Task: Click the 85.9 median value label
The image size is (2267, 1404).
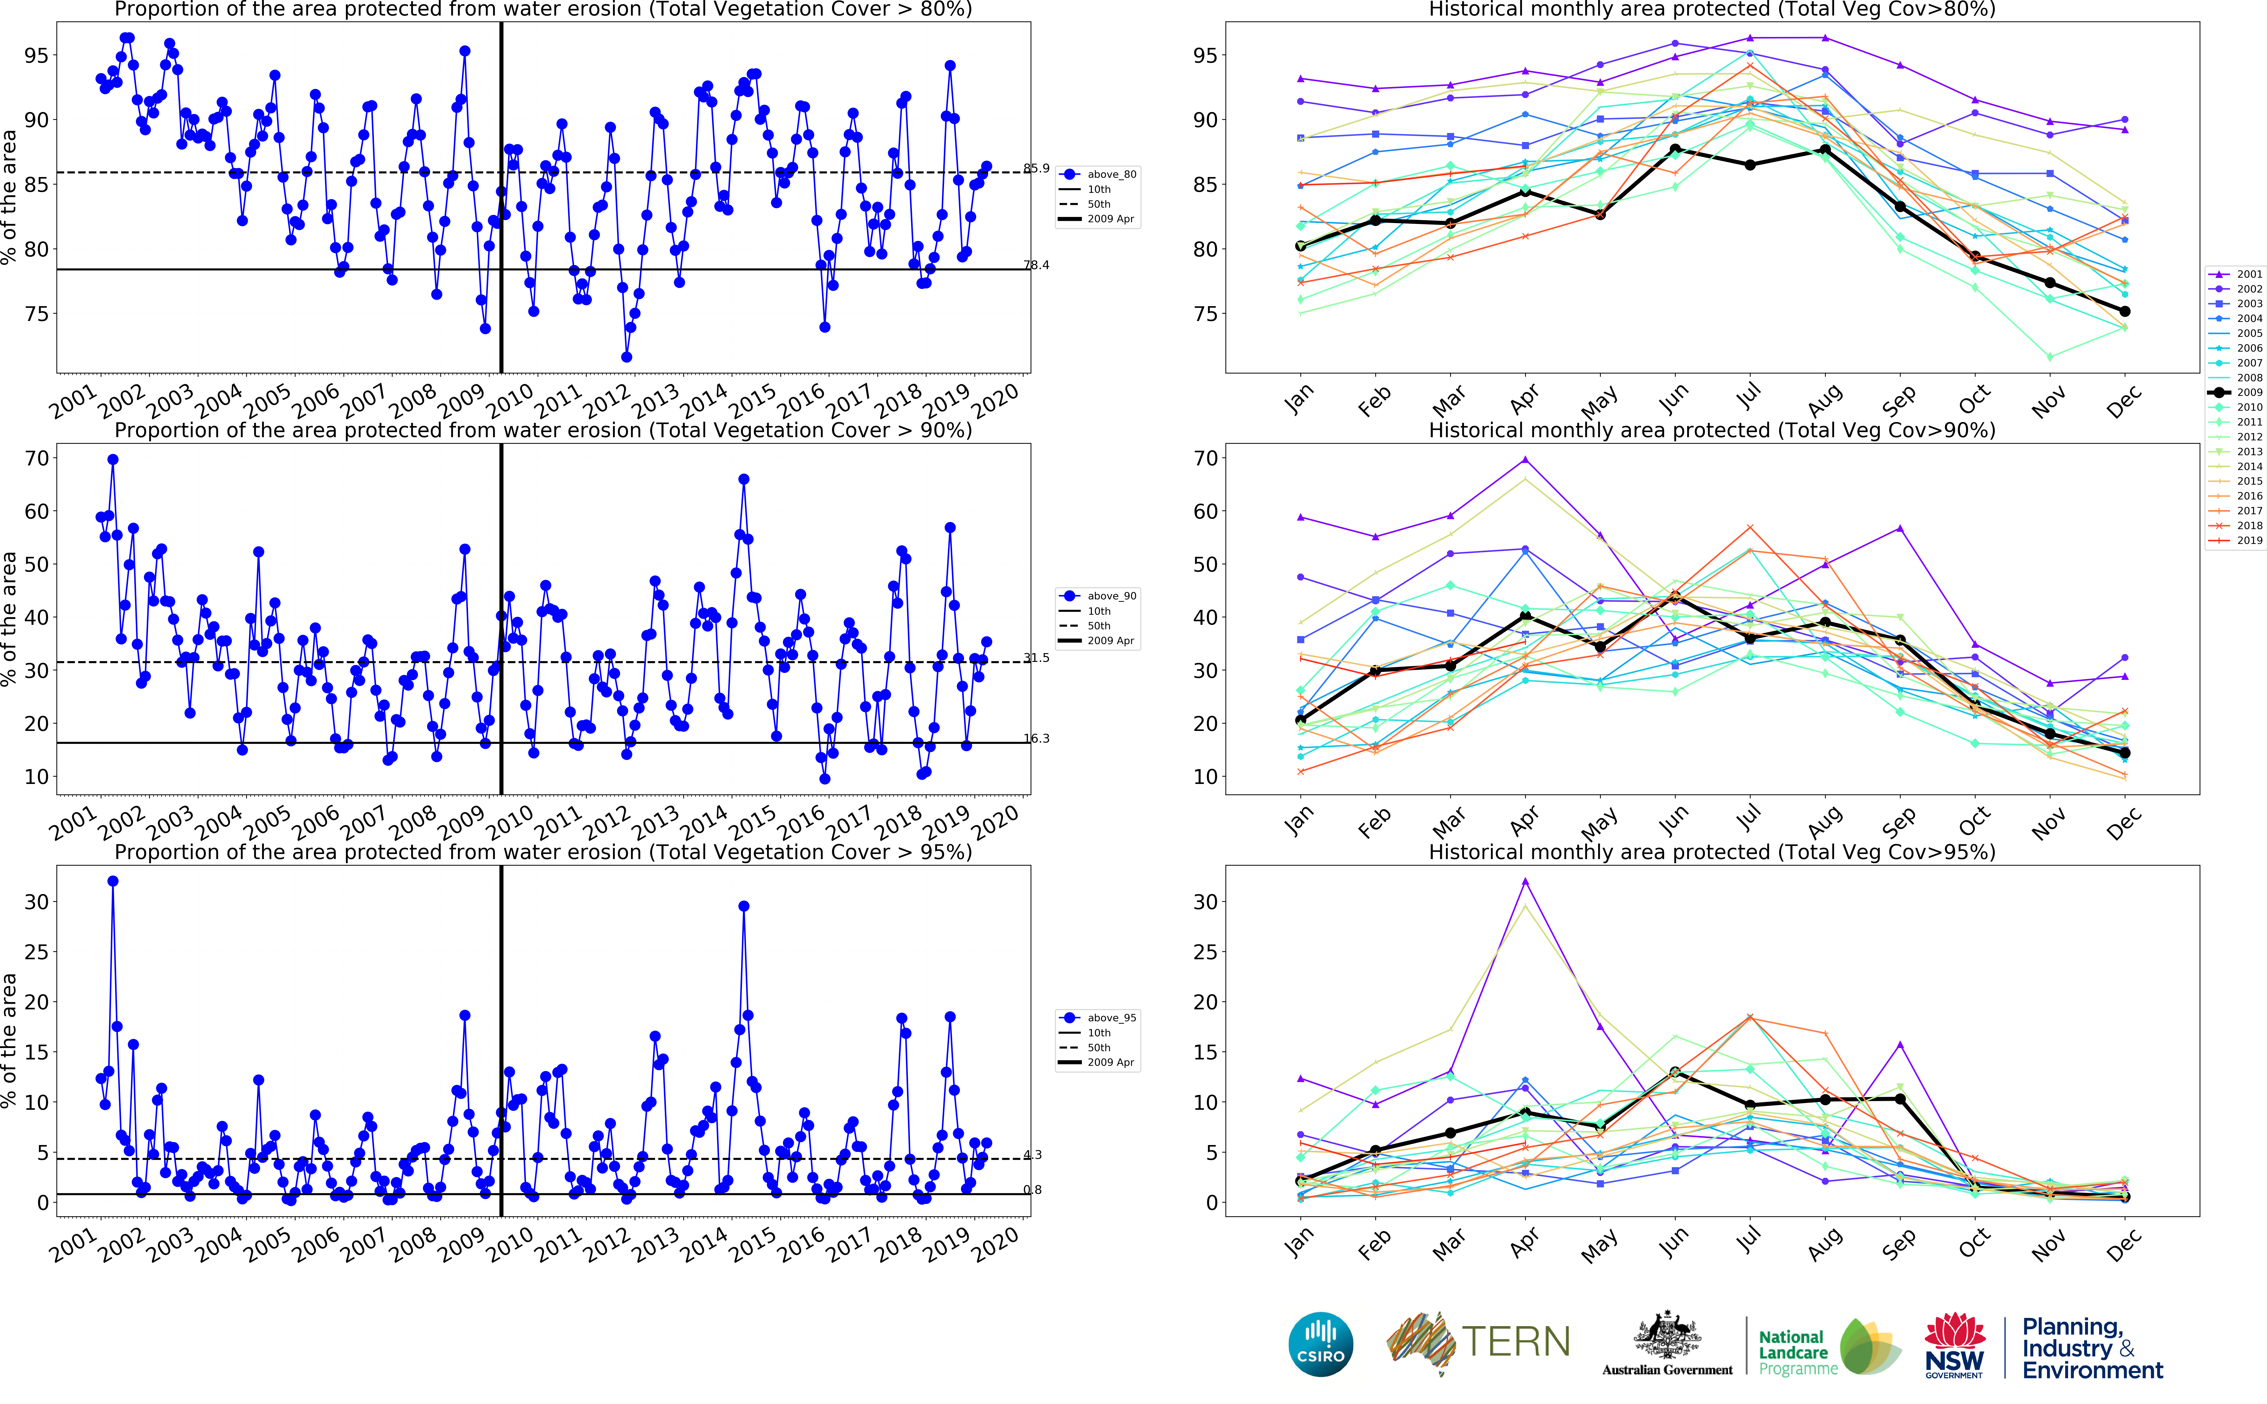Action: [1036, 168]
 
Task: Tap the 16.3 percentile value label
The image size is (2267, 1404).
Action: [1036, 738]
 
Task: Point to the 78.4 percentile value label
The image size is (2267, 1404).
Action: [1036, 265]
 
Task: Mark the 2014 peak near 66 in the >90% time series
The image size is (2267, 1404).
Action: [744, 479]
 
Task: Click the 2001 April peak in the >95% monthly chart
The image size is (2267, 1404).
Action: [1525, 881]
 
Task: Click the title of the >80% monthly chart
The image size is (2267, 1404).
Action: [1712, 9]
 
